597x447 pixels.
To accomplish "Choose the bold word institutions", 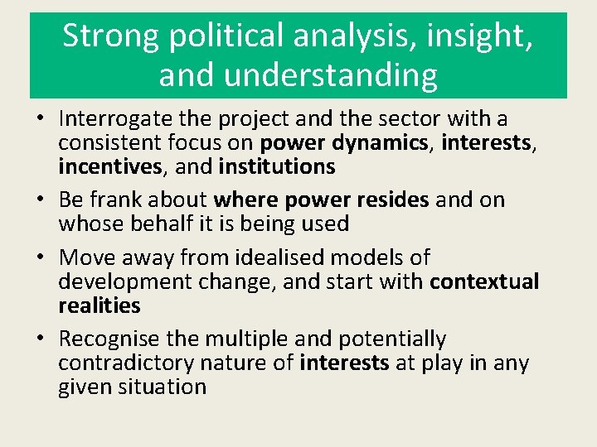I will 277,167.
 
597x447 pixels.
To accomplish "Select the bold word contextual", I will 484,281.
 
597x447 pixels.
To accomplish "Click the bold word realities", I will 99,305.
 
